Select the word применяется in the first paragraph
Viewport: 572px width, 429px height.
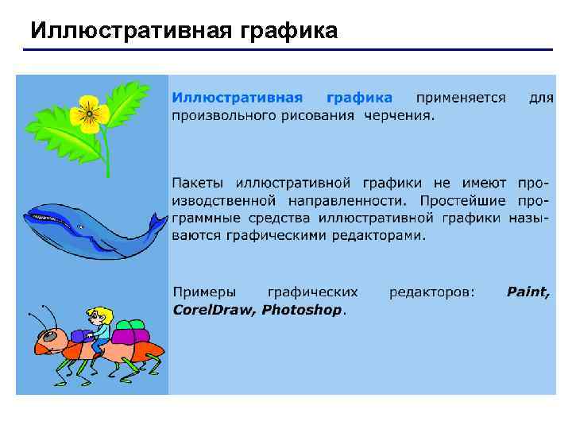coord(461,98)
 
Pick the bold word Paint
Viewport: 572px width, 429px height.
coord(528,292)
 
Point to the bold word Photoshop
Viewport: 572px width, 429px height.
coord(302,310)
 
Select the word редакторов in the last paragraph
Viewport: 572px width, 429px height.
coord(431,292)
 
